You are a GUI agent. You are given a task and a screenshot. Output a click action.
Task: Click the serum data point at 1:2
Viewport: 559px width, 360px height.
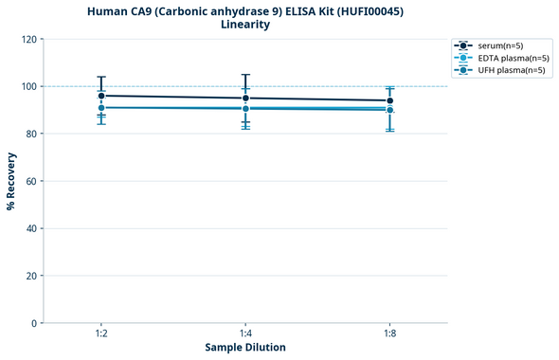(101, 96)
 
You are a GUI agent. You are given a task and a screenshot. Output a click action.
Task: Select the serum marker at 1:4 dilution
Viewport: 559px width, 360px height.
(245, 98)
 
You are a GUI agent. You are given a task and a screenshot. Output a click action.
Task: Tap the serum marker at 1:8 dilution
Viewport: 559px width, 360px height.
(389, 100)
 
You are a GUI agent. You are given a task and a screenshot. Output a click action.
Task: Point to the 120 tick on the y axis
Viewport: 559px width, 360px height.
(29, 39)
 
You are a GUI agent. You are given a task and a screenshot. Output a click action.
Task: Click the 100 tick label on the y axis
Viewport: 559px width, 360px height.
(29, 86)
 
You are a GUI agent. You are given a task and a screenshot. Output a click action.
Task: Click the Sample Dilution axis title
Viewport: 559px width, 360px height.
(245, 348)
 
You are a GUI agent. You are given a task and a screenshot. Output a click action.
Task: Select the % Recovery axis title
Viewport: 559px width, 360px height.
(11, 181)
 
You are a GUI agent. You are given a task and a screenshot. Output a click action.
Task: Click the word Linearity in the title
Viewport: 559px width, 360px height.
(244, 25)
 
